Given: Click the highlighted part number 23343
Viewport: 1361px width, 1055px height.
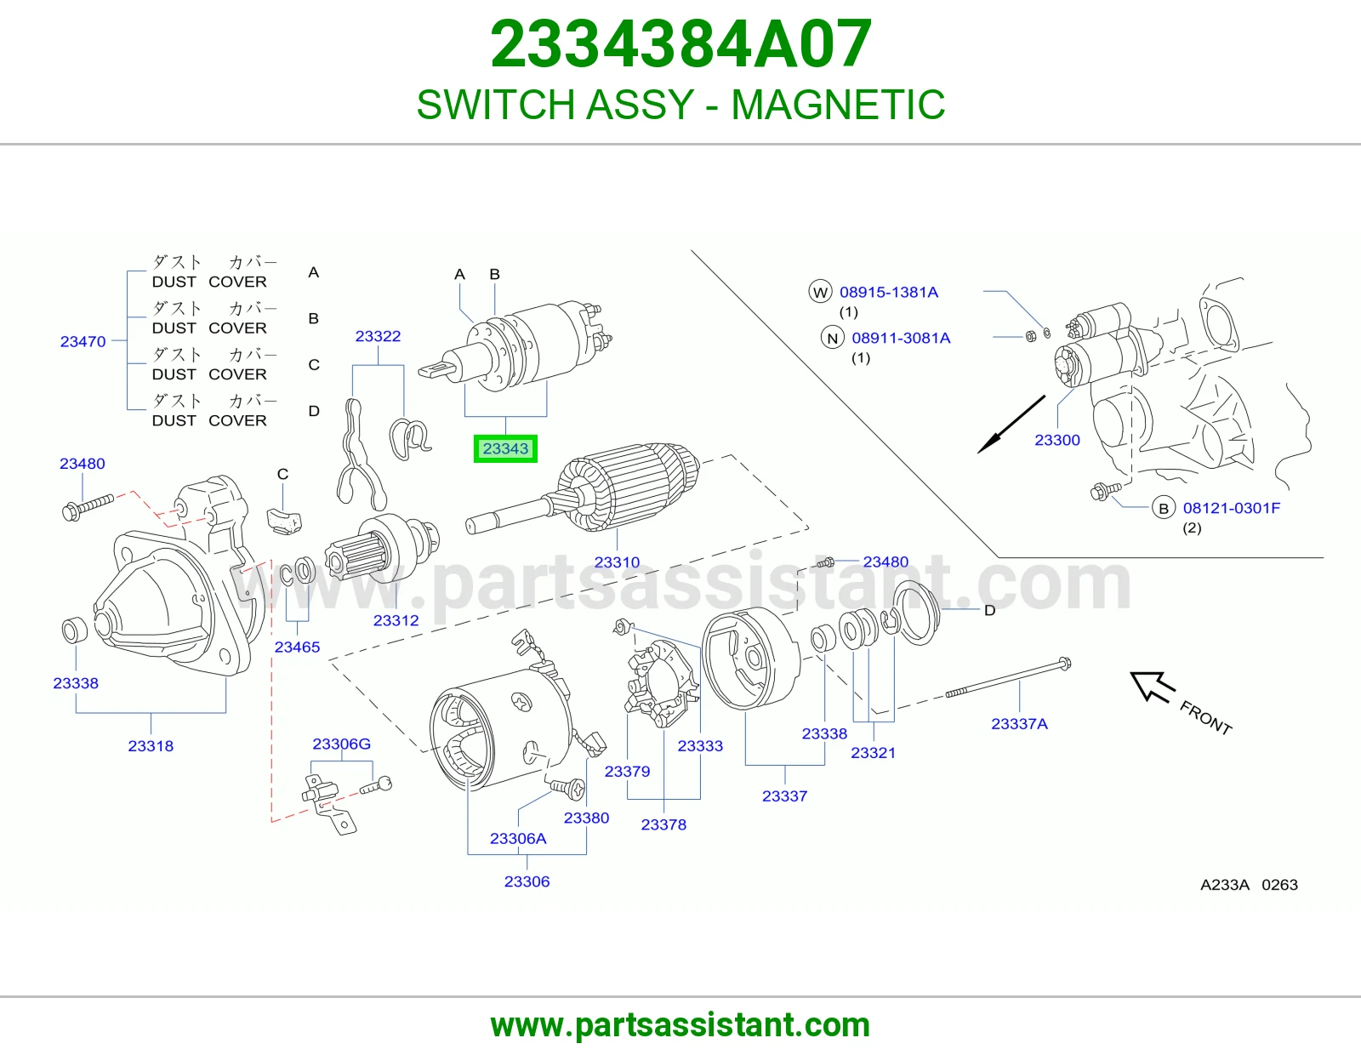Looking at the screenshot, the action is click(505, 448).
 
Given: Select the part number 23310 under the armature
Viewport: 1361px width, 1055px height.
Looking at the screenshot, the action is click(617, 562).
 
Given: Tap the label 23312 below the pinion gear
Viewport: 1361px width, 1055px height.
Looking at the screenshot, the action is click(396, 620).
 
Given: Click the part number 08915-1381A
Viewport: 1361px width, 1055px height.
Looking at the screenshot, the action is click(889, 292).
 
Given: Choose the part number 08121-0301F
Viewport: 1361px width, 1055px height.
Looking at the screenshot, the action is click(1232, 508).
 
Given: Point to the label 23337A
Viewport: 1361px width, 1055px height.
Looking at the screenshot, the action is click(1019, 723).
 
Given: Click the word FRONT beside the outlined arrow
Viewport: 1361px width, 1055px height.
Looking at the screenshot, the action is click(1205, 717).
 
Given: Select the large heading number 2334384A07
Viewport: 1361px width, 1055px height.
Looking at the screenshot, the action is click(680, 44).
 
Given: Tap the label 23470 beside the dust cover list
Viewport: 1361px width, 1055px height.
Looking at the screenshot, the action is click(83, 341).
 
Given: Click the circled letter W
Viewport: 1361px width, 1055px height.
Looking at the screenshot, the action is click(820, 292).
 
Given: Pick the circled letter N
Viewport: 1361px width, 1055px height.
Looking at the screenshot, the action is click(832, 339).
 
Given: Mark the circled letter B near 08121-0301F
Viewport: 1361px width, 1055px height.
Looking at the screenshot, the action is click(1163, 508).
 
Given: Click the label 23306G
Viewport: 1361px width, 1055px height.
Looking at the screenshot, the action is click(341, 744).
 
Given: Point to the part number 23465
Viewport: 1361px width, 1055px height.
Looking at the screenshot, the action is click(297, 647).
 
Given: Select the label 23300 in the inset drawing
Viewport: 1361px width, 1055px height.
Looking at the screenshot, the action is click(1057, 440).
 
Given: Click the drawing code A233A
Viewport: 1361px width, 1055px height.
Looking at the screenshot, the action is click(1224, 885).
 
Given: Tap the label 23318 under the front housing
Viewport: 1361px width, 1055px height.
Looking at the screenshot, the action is click(151, 746).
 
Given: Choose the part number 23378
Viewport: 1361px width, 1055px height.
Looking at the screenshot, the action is click(663, 824).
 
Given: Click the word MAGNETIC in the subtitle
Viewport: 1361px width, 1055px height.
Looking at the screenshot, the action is click(838, 104).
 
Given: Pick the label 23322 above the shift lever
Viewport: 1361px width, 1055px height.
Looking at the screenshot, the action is click(378, 336).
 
